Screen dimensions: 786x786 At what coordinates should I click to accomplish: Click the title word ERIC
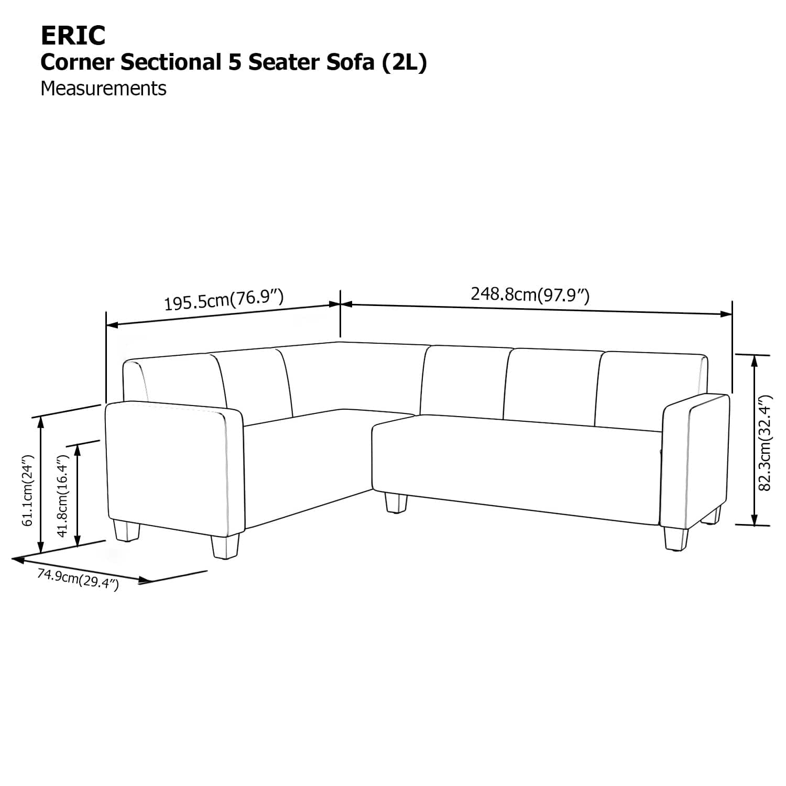coord(73,36)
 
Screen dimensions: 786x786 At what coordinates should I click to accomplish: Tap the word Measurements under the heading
coord(103,89)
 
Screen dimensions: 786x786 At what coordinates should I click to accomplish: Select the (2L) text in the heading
coord(404,62)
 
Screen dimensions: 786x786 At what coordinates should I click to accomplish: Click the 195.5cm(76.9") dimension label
coord(224,300)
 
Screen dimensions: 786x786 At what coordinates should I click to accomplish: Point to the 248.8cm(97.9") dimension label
coord(530,294)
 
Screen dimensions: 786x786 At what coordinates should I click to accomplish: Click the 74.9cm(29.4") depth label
coord(78,580)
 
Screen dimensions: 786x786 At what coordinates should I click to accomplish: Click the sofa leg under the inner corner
coord(396,502)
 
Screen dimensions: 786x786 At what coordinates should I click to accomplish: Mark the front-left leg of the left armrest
coord(126,530)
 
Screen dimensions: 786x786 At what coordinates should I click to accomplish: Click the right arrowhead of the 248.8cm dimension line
coord(726,314)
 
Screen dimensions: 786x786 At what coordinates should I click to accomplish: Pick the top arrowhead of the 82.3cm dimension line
coord(754,361)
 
